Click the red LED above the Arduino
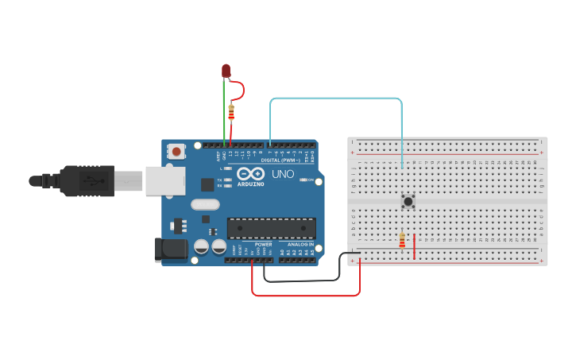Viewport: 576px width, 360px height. tap(226, 72)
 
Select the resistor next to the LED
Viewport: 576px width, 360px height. tap(231, 112)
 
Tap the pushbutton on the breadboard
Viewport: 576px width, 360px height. tap(408, 201)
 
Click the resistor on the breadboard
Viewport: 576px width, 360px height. tap(402, 240)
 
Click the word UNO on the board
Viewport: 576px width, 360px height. tap(283, 174)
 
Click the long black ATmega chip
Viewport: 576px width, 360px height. tap(271, 228)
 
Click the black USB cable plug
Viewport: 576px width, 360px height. tap(87, 181)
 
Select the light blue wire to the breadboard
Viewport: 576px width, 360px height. tap(334, 99)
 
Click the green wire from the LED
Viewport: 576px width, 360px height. tap(224, 111)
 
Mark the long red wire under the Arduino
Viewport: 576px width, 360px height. tap(306, 296)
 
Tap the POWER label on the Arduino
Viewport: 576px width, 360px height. tap(263, 244)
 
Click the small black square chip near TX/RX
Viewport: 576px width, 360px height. tap(207, 184)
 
